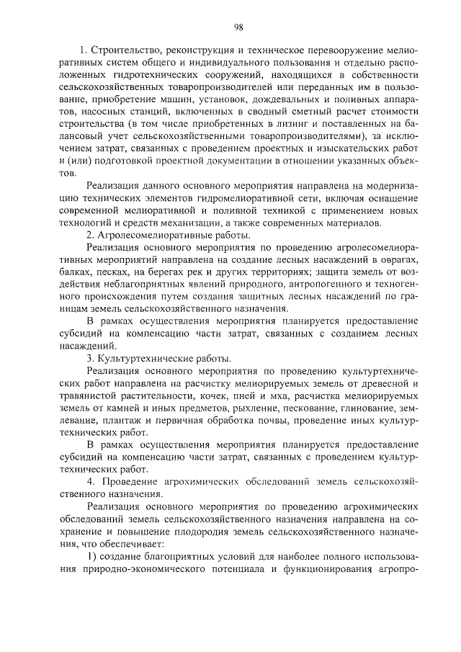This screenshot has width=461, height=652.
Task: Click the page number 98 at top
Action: point(238,27)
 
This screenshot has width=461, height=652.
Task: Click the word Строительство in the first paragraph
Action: point(123,51)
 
